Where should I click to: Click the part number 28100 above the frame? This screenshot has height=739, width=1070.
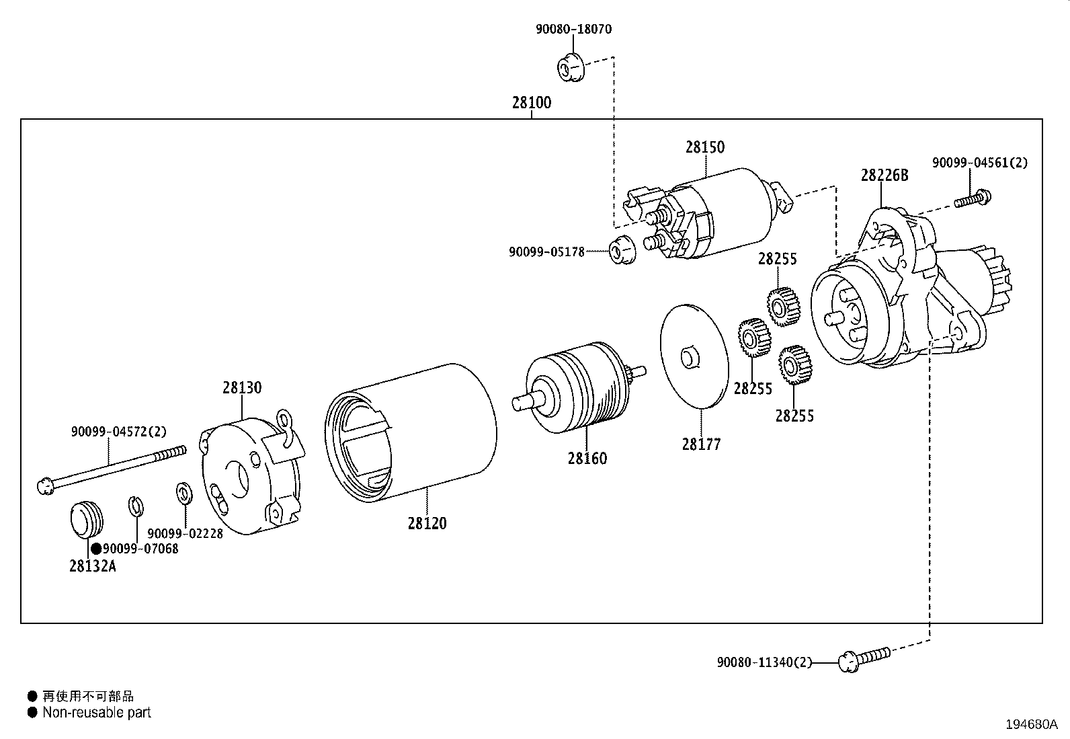pos(532,103)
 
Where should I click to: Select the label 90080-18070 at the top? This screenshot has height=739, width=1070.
pos(573,29)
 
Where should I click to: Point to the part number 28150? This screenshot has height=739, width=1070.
pos(705,147)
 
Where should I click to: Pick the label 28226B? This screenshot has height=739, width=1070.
pos(884,176)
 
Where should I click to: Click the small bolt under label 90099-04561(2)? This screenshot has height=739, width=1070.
pos(973,199)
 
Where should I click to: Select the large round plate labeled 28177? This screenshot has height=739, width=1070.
pos(694,356)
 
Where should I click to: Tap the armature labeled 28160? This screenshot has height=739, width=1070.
pos(579,388)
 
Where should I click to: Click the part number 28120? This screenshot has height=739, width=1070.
pos(427,523)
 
